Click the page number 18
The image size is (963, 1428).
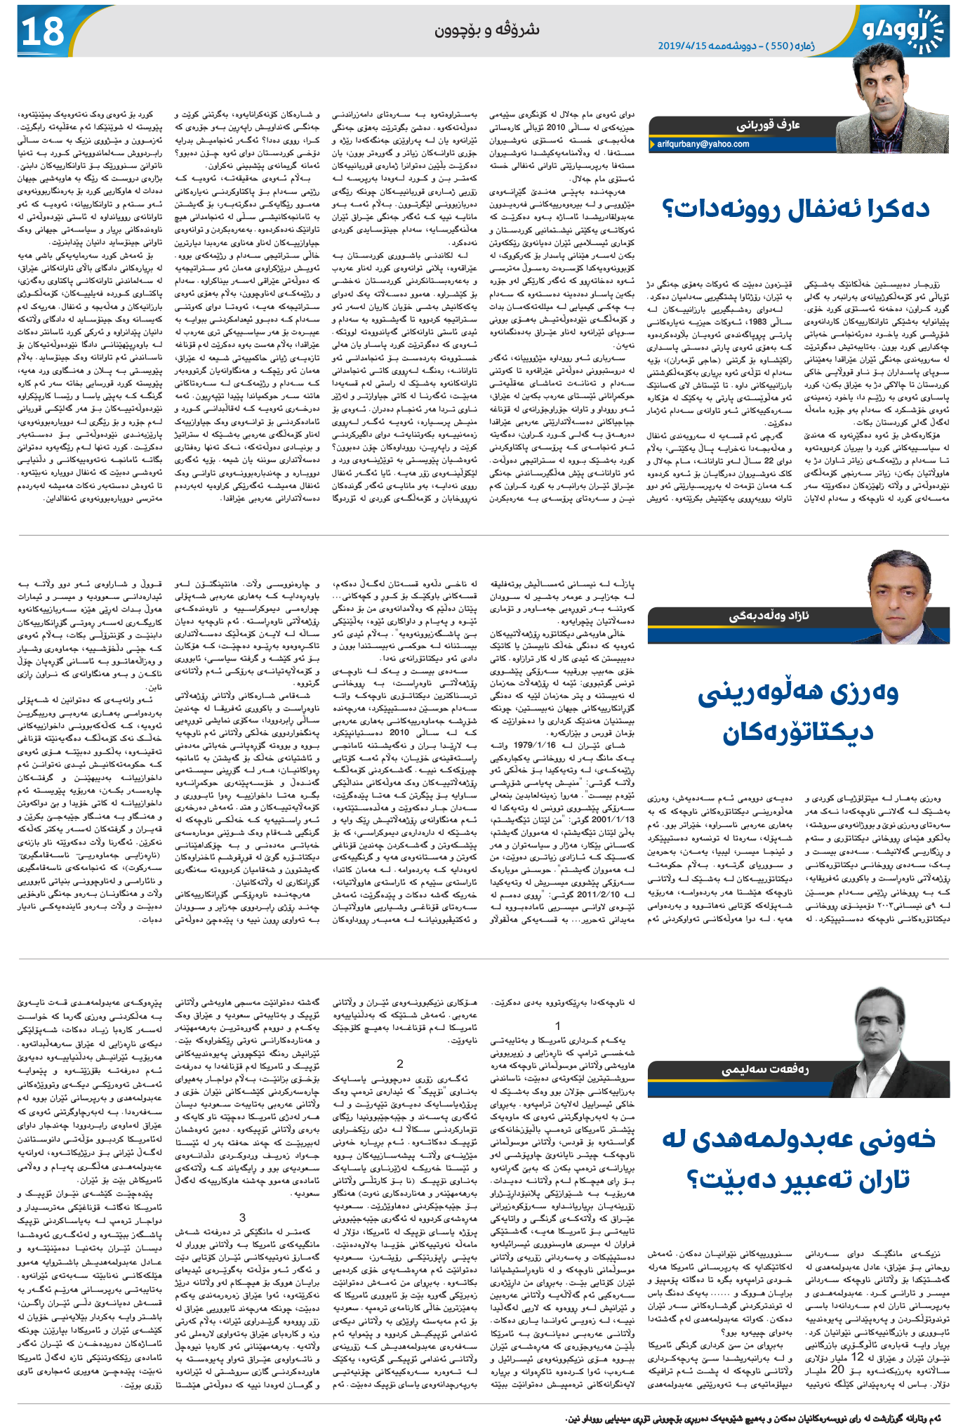[43, 32]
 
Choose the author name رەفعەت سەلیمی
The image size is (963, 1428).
[765, 1069]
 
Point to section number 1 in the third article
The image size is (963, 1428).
[558, 1026]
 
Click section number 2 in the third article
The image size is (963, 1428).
[400, 1064]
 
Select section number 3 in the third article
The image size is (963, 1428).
[243, 1217]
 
